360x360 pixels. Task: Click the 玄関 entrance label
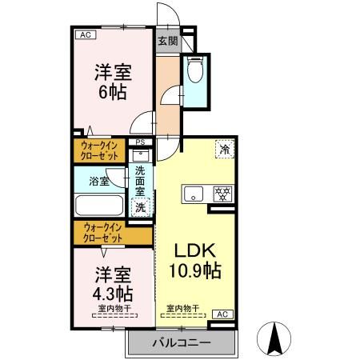coord(166,41)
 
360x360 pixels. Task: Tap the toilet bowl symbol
coord(194,72)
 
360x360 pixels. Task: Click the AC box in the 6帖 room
coord(84,34)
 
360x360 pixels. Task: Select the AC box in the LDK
coord(223,314)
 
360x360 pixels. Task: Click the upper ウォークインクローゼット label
coord(101,150)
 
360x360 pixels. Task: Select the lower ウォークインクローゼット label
coord(101,234)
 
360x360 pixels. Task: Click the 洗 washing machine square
coord(140,207)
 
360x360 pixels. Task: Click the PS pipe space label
coord(140,145)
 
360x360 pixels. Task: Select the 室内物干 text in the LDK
coord(182,308)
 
